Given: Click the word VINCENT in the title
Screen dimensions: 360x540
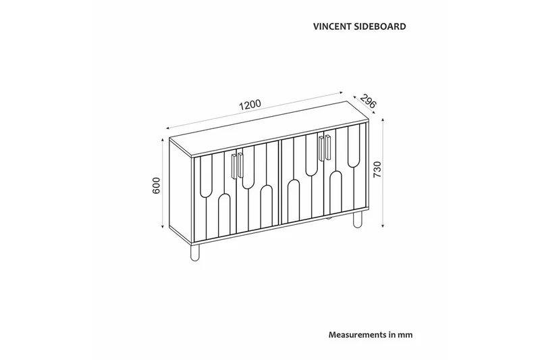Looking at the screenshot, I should pyautogui.click(x=332, y=28).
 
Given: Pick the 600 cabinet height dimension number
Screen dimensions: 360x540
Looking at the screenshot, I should pyautogui.click(x=156, y=186).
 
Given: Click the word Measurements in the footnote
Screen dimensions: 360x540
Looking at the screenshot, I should pyautogui.click(x=357, y=334).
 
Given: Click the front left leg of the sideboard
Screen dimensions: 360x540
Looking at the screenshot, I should pyautogui.click(x=196, y=253).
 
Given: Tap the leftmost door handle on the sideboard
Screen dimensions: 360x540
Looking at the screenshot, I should pyautogui.click(x=234, y=166).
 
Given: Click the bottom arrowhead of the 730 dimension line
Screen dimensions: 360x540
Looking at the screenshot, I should pyautogui.click(x=383, y=226).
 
